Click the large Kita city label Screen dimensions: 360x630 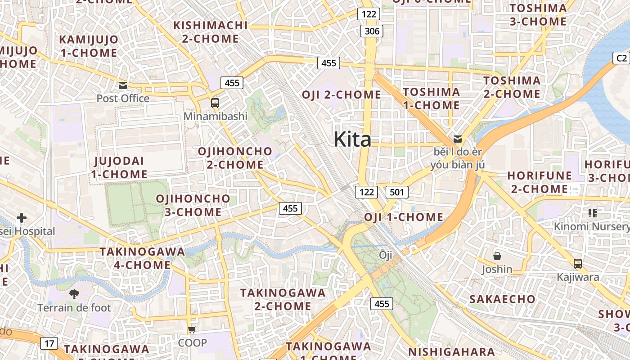(352, 139)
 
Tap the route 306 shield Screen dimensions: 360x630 (372, 31)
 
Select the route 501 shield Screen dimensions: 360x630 (396, 192)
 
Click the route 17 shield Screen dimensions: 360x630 (49, 344)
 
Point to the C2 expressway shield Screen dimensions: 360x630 (621, 58)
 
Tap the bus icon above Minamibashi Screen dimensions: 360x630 (215, 103)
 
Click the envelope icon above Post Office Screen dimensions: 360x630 (122, 85)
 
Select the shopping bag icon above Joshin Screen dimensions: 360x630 (497, 256)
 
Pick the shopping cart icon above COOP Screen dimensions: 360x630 (192, 329)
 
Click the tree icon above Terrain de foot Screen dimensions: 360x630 (74, 294)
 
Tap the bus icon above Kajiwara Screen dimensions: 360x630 (578, 264)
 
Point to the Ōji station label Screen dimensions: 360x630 (386, 255)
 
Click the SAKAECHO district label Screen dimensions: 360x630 (502, 299)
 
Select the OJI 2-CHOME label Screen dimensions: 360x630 (341, 95)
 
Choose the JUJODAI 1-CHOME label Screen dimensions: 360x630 (119, 167)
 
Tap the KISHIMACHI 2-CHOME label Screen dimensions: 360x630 (211, 32)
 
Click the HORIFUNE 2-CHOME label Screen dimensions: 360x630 (540, 182)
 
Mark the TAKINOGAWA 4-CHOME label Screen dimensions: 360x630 (142, 258)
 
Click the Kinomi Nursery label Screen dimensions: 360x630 (591, 226)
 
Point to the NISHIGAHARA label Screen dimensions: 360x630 (451, 351)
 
